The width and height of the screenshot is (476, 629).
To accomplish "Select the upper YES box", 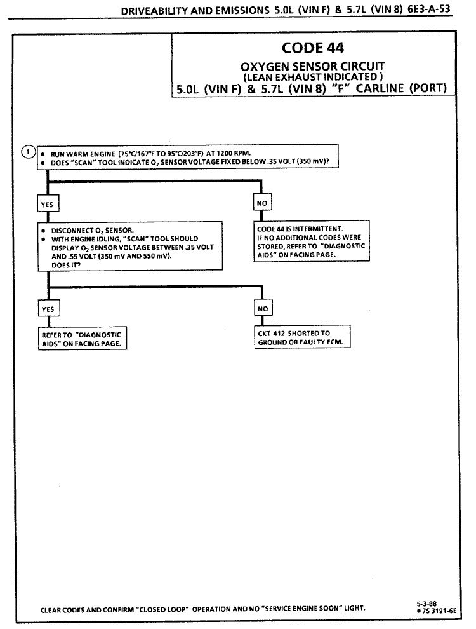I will pyautogui.click(x=48, y=203).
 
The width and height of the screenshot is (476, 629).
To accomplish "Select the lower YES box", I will pyautogui.click(x=48, y=308).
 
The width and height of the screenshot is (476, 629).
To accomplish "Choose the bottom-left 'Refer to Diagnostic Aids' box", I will pyautogui.click(x=80, y=338).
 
